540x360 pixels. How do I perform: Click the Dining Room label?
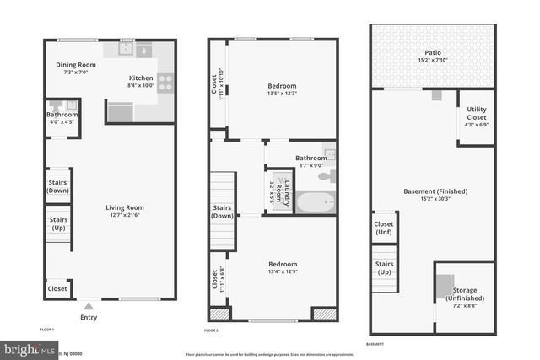76,65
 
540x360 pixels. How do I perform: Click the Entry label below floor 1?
89,317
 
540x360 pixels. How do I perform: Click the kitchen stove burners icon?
165,83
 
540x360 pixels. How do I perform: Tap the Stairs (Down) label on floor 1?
57,186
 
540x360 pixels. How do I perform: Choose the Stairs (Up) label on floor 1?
57,223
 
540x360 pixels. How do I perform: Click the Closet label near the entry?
57,288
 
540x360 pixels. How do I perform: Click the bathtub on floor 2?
315,202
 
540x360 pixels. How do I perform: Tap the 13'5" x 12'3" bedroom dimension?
282,93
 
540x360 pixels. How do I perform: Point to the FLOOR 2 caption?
211,330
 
